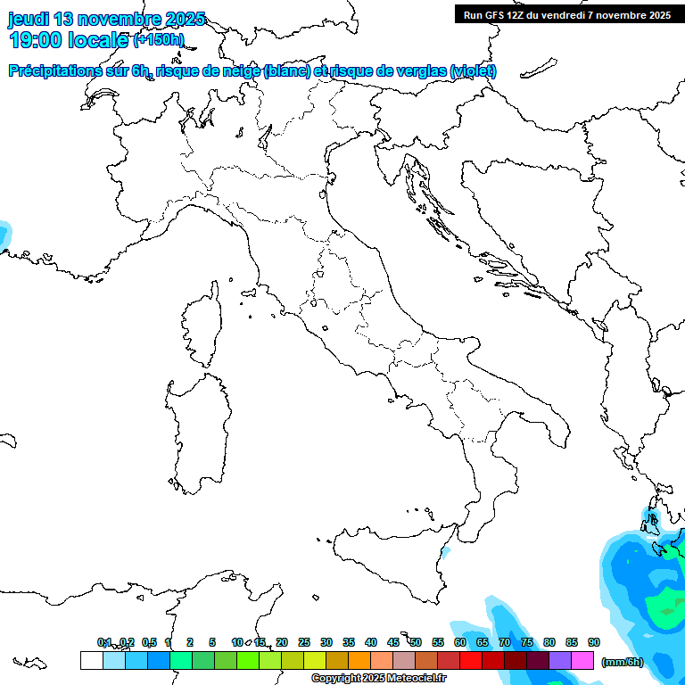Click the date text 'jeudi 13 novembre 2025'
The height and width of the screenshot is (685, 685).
tap(106, 19)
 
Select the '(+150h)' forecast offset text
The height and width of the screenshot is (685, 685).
tap(158, 39)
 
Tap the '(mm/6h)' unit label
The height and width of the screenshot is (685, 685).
tap(622, 662)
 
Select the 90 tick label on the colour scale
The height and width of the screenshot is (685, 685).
tap(594, 642)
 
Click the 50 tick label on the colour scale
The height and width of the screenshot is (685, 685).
tap(416, 642)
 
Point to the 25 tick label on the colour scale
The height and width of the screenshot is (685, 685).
tap(304, 642)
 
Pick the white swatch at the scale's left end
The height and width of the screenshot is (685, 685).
tap(91, 661)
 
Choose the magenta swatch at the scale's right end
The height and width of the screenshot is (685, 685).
tap(582, 661)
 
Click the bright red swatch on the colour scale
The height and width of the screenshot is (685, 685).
tap(471, 661)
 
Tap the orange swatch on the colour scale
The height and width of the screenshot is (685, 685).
tap(359, 661)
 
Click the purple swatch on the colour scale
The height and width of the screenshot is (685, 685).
tap(560, 661)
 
